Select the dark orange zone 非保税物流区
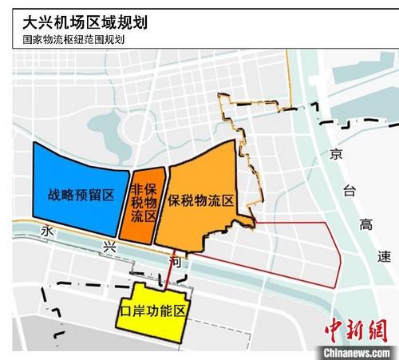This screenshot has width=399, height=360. tap(145, 202)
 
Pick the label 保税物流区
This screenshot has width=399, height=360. tap(201, 201)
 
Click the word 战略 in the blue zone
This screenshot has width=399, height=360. tap(59, 194)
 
